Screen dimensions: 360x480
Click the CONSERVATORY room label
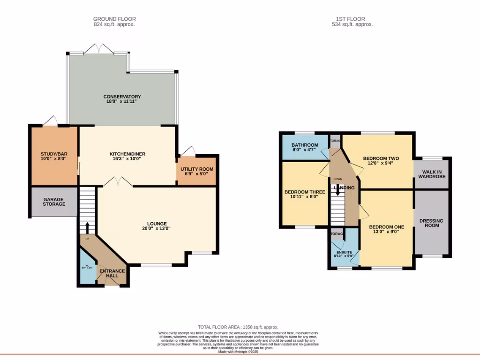(122, 97)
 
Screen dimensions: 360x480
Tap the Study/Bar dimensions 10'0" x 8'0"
(53, 159)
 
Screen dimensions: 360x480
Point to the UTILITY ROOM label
(197, 169)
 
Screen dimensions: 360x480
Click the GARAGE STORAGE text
(54, 202)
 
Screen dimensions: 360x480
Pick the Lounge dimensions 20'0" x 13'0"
(157, 229)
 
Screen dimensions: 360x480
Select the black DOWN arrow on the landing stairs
(337, 191)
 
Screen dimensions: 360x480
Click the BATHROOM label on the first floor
(305, 145)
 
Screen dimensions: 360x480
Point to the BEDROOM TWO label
(381, 158)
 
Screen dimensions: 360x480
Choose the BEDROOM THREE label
(305, 192)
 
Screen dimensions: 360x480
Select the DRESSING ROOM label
(431, 223)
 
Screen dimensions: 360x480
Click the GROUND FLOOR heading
(114, 19)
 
